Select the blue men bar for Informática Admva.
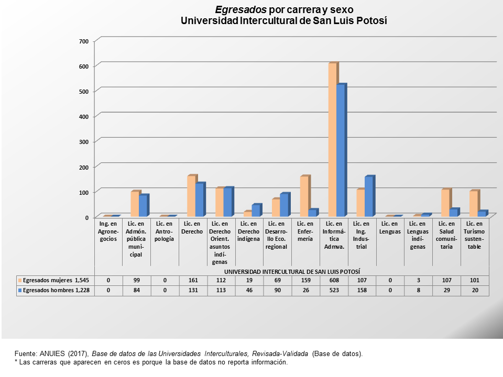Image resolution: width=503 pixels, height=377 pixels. click(x=341, y=150)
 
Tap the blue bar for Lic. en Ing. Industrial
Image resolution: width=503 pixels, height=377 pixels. click(x=369, y=196)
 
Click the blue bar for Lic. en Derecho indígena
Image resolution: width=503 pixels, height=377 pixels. click(x=257, y=210)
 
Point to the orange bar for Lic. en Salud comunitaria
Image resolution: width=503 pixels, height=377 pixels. click(x=446, y=203)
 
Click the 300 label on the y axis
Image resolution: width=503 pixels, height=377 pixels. click(x=84, y=142)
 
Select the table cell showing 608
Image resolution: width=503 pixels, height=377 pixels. click(x=334, y=280)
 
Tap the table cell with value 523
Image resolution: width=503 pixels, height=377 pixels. click(x=334, y=290)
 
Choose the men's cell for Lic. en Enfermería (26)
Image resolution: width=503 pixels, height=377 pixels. click(x=305, y=290)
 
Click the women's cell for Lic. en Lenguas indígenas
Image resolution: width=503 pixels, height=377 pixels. click(x=418, y=280)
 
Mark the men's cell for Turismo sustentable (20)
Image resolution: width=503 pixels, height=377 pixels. click(x=475, y=290)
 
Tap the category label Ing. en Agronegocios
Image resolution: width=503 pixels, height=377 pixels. click(x=108, y=231)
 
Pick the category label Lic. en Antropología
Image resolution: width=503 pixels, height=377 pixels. click(x=164, y=231)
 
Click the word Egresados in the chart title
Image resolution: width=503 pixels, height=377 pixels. click(x=240, y=10)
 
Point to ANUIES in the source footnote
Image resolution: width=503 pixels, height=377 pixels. click(x=52, y=353)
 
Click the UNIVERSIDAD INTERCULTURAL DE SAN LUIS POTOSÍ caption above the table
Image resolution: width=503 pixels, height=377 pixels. click(x=292, y=272)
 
